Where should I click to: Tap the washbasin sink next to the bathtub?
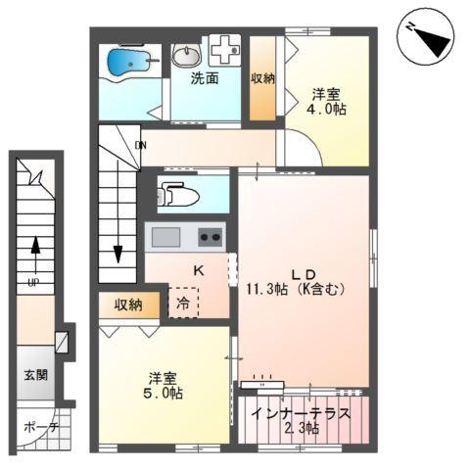[x=185, y=56]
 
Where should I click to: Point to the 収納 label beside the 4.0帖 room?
[x=261, y=78]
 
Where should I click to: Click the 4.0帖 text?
[x=326, y=112]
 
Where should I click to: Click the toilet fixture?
[x=179, y=194]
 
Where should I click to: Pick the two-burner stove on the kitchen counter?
[x=210, y=237]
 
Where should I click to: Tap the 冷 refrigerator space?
[x=183, y=304]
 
